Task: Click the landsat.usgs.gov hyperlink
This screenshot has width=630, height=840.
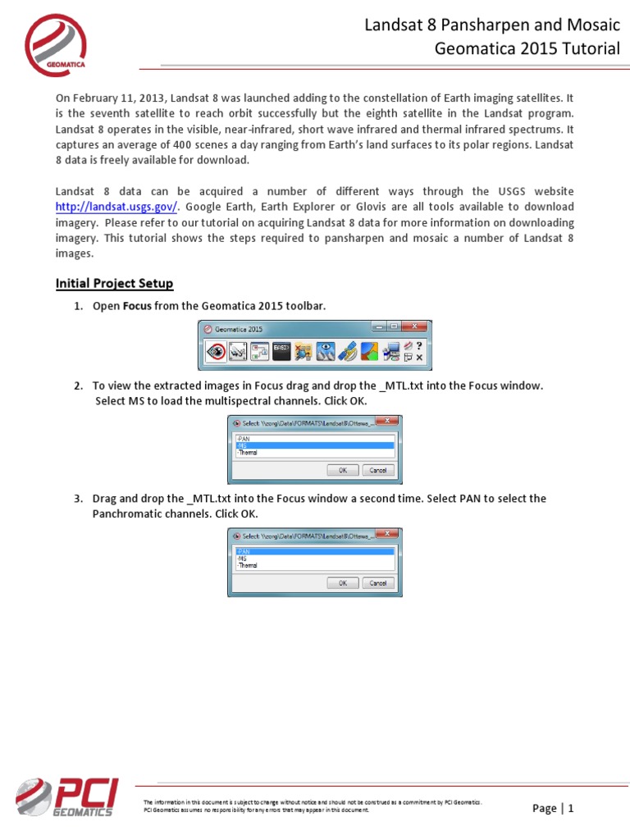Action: pos(116,208)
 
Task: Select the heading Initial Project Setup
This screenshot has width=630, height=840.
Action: pos(114,284)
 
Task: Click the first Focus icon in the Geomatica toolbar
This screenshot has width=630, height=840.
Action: pos(217,351)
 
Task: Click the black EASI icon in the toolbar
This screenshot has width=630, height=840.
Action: pos(281,351)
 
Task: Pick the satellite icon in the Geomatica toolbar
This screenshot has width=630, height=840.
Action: pos(348,351)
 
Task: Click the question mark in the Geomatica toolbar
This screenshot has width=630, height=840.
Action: pos(419,345)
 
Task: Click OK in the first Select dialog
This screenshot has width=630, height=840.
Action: pos(342,470)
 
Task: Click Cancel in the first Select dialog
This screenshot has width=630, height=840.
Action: pos(377,470)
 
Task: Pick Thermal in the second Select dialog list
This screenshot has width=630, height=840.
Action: pos(247,565)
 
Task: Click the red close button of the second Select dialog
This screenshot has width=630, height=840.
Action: pos(393,534)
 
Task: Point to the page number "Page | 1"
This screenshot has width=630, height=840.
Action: pos(552,808)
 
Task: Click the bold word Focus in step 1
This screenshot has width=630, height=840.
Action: pos(137,306)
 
